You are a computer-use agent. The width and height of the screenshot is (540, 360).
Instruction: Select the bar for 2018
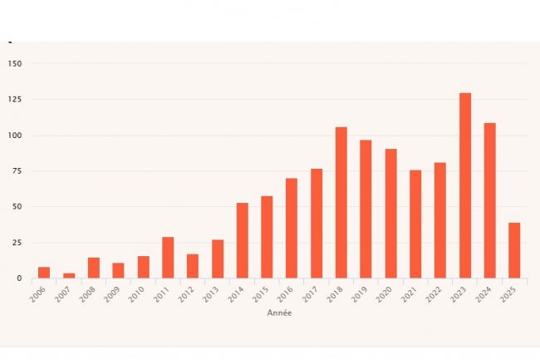[341, 203]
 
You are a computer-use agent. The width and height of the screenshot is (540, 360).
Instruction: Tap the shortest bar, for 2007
[69, 275]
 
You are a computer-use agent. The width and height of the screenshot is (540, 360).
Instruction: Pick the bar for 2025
[514, 250]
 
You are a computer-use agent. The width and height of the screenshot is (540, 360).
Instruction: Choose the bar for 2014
[242, 240]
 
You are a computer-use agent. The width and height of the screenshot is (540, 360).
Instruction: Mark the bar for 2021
[415, 224]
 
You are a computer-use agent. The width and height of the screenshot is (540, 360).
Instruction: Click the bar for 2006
[44, 273]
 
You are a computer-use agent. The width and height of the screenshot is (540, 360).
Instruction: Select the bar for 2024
[489, 200]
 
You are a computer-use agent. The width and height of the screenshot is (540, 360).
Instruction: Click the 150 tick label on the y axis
[14, 64]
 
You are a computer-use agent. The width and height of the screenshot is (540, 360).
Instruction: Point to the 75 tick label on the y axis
[17, 171]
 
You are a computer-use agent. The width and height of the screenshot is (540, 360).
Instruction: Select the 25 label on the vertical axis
[17, 243]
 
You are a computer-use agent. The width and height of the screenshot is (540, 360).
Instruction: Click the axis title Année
[279, 313]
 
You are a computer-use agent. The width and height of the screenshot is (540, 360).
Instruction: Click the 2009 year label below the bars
[114, 294]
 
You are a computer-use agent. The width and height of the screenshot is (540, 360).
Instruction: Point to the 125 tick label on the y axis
[14, 100]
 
